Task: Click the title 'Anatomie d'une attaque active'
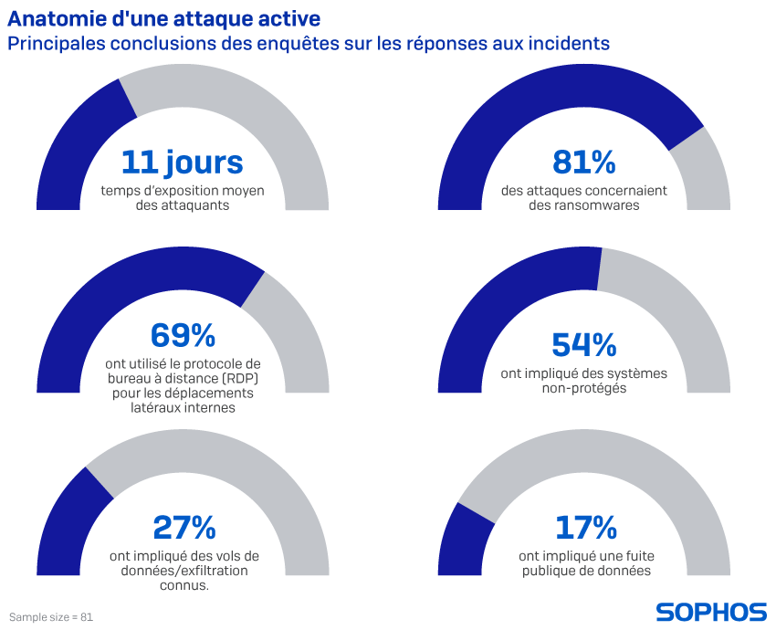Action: (164, 17)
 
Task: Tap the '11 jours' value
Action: (182, 163)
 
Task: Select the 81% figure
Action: (583, 163)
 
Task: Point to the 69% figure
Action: (182, 335)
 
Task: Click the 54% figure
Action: (583, 344)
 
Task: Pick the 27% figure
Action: (184, 527)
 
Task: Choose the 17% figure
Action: (585, 527)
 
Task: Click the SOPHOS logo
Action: (711, 612)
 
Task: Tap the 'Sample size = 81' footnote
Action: (51, 617)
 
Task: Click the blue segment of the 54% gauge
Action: (511, 292)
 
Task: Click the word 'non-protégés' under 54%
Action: (583, 388)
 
